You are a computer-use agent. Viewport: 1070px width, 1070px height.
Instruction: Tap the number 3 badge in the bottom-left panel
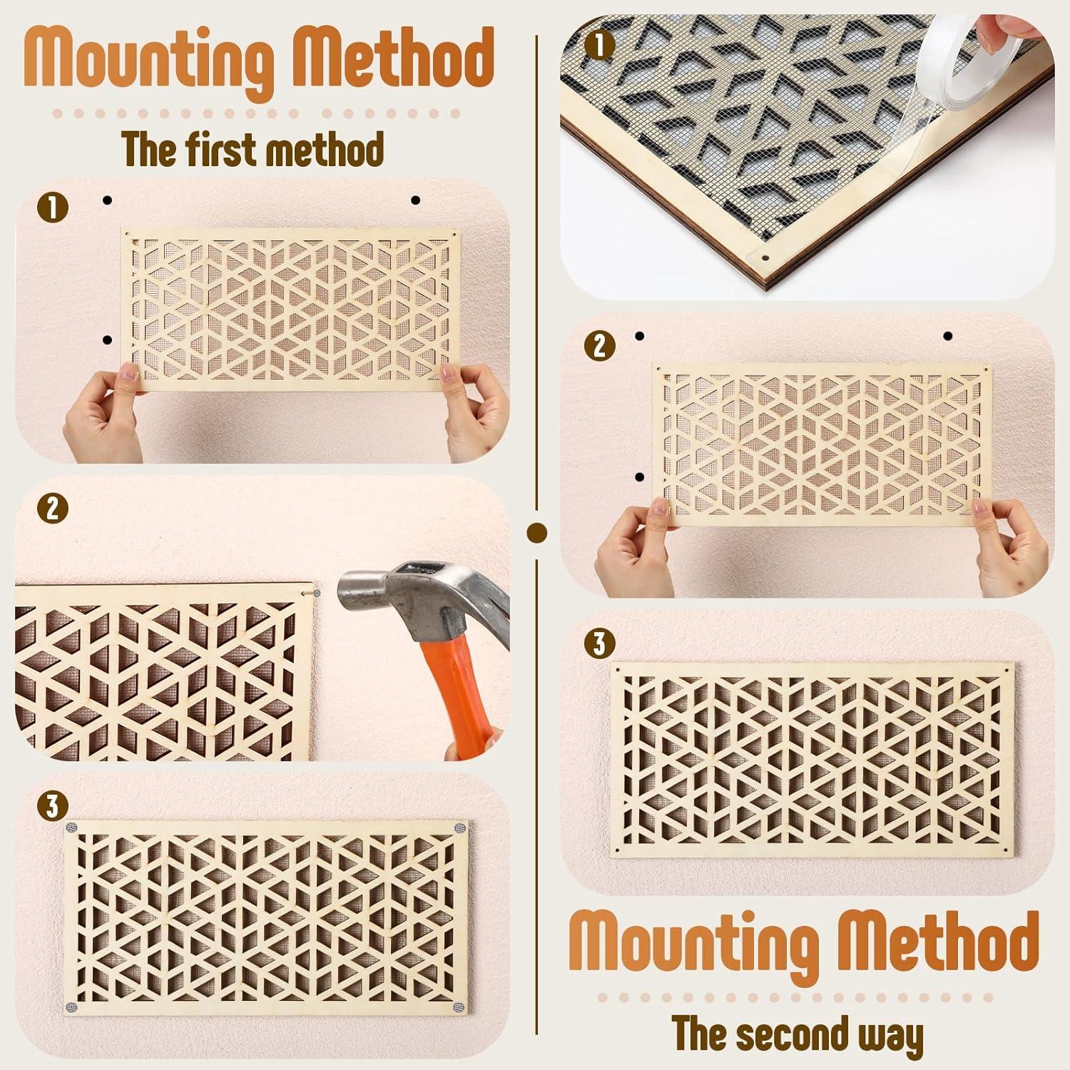[55, 807]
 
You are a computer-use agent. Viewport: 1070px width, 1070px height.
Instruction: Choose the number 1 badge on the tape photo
[599, 46]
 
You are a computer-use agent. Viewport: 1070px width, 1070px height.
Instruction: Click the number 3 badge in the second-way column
[599, 644]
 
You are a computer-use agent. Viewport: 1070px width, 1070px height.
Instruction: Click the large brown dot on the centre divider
[536, 532]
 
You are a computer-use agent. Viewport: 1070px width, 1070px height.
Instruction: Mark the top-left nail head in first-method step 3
[71, 827]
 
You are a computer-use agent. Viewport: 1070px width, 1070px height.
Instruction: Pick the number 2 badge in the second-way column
[599, 346]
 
